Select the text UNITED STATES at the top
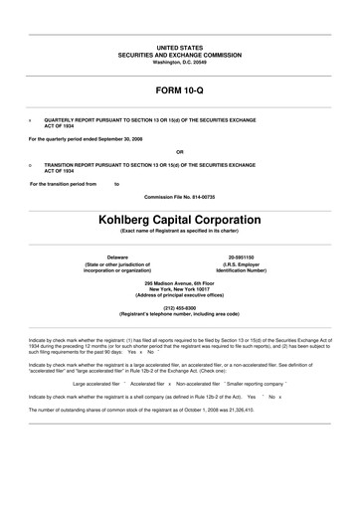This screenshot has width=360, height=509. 180,47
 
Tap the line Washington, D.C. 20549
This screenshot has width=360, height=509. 180,63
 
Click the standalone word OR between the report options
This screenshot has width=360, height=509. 180,152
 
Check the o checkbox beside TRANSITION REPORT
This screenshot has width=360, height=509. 30,164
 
